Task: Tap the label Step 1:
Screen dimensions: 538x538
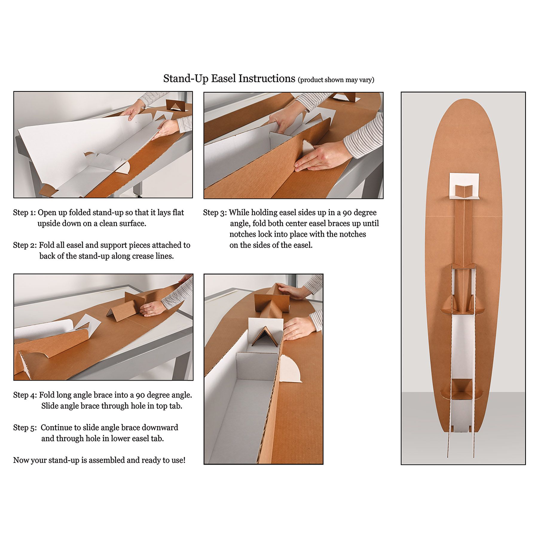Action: (x=24, y=213)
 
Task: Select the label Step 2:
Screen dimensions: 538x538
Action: (x=25, y=245)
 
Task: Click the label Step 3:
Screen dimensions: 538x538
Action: (x=215, y=213)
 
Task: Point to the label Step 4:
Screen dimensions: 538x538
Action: (x=25, y=395)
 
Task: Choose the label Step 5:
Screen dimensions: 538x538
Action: (x=25, y=427)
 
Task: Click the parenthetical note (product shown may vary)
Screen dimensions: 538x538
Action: (x=336, y=80)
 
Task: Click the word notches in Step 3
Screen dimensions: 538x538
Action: (x=243, y=234)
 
